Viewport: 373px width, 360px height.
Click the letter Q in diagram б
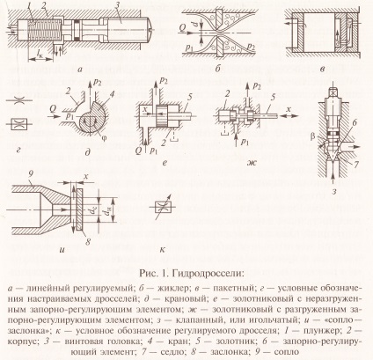(x=182, y=28)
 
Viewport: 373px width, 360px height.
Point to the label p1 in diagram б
(x=190, y=48)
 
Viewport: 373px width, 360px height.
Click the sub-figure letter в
(x=322, y=70)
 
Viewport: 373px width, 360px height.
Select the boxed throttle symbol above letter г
(x=18, y=124)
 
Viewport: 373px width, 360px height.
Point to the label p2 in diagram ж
(x=257, y=87)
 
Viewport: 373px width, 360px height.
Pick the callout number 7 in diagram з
(x=355, y=164)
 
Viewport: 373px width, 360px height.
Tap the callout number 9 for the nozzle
(x=30, y=177)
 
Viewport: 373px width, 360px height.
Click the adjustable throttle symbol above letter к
(x=162, y=208)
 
